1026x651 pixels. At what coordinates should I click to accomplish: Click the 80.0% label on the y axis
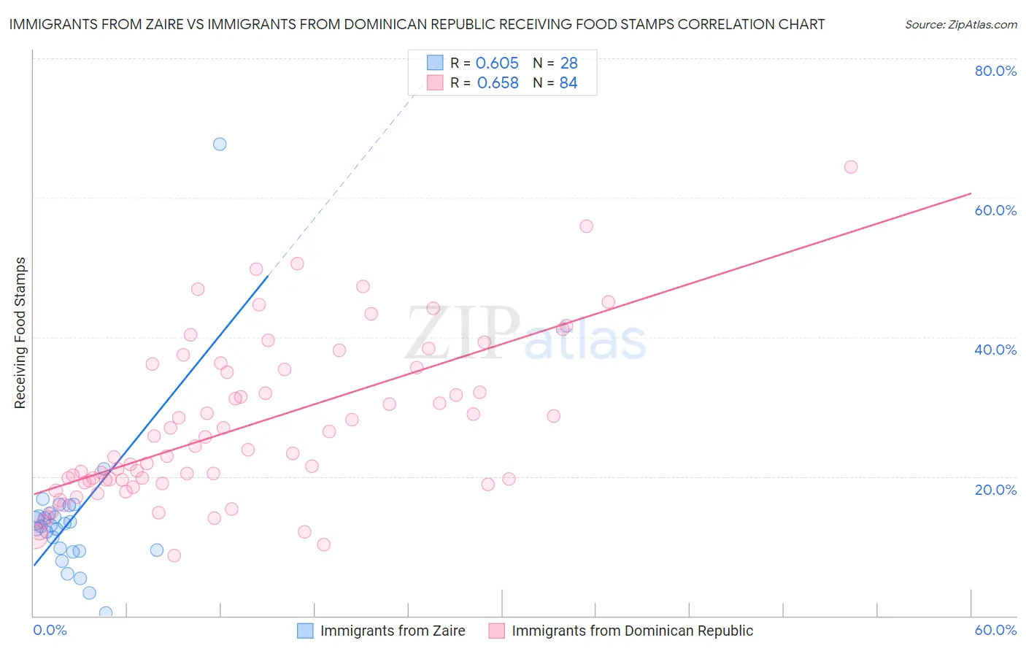coord(995,71)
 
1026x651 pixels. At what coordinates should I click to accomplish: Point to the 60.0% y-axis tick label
coord(995,210)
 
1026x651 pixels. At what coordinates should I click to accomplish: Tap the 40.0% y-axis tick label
coord(995,350)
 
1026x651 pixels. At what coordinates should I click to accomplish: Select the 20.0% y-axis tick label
coord(995,489)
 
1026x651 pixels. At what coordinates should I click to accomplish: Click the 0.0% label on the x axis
coord(50,630)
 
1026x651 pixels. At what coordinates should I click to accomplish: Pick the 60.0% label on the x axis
coord(995,630)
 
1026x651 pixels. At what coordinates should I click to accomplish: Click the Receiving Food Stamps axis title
coord(20,333)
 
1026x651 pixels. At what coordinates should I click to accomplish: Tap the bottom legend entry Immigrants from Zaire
coord(393,631)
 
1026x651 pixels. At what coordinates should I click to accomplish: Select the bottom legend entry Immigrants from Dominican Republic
coord(632,631)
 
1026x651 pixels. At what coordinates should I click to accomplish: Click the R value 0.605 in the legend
coord(497,63)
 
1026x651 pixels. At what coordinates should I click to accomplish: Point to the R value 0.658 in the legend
coord(498,83)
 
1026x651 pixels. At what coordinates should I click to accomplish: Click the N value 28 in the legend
coord(569,63)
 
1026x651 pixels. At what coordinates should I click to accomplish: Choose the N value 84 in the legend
coord(568,83)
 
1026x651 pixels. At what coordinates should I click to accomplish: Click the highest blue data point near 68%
coord(220,145)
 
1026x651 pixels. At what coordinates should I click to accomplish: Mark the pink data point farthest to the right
coord(850,167)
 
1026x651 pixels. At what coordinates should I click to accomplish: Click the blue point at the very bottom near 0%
coord(106,612)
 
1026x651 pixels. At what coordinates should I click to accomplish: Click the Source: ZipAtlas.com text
coord(960,25)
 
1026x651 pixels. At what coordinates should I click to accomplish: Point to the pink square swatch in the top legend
coord(435,82)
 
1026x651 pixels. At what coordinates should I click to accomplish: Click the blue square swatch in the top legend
coord(435,63)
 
